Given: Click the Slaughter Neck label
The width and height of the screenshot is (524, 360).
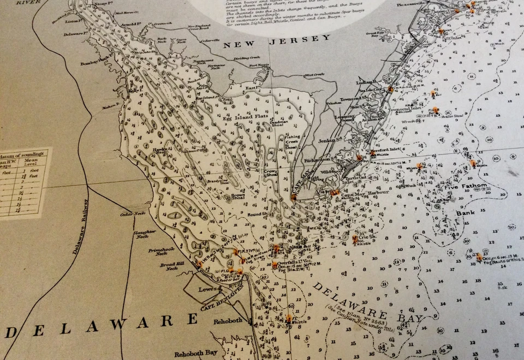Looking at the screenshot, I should pyautogui.click(x=141, y=234).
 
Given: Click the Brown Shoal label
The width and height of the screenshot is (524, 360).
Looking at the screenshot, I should pyautogui.click(x=238, y=195).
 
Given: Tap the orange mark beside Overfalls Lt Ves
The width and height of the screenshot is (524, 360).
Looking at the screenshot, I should pyautogui.click(x=275, y=265).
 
